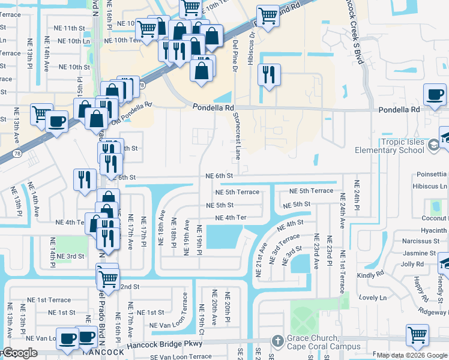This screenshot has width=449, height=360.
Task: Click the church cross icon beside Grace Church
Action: coord(277,340)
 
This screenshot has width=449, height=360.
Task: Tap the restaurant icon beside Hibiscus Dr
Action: coord(268,74)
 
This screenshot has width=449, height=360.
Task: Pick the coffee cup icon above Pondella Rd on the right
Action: coord(435,94)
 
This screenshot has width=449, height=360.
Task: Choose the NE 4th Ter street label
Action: coord(231,218)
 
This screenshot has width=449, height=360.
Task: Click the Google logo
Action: coord(20,353)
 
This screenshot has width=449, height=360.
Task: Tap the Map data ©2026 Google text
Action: coord(412,355)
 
